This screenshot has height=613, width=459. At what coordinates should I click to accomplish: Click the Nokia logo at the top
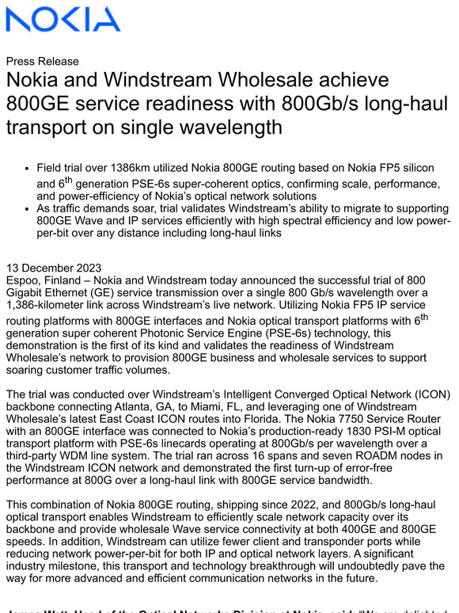tap(63, 19)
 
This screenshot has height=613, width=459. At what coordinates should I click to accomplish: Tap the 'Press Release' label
tap(42, 61)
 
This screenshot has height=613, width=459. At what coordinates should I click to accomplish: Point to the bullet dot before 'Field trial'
tap(28, 169)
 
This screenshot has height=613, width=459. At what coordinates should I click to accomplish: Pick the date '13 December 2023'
tap(54, 268)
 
